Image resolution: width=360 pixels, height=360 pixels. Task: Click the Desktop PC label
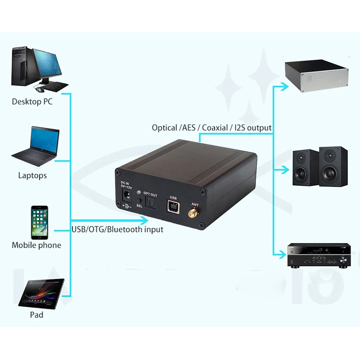pyautogui.click(x=32, y=102)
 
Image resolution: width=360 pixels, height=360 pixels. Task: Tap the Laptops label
pyautogui.click(x=32, y=175)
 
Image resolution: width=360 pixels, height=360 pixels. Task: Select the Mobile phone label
pyautogui.click(x=36, y=245)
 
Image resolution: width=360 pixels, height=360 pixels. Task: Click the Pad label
pyautogui.click(x=36, y=315)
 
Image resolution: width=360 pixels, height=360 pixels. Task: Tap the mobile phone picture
pyautogui.click(x=40, y=223)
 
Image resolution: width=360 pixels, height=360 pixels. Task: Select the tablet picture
pyautogui.click(x=41, y=293)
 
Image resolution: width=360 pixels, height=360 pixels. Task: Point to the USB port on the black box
pyautogui.click(x=173, y=207)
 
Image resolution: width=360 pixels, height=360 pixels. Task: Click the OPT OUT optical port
pyautogui.click(x=149, y=205)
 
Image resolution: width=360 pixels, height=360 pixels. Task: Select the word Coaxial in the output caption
pyautogui.click(x=215, y=128)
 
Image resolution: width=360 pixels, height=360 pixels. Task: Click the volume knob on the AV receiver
pyautogui.click(x=343, y=260)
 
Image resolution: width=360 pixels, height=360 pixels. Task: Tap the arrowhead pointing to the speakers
pyautogui.click(x=283, y=170)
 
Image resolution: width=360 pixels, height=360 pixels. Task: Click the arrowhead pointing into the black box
pyautogui.click(x=144, y=220)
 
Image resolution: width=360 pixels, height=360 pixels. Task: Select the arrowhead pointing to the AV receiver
pyautogui.click(x=283, y=255)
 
